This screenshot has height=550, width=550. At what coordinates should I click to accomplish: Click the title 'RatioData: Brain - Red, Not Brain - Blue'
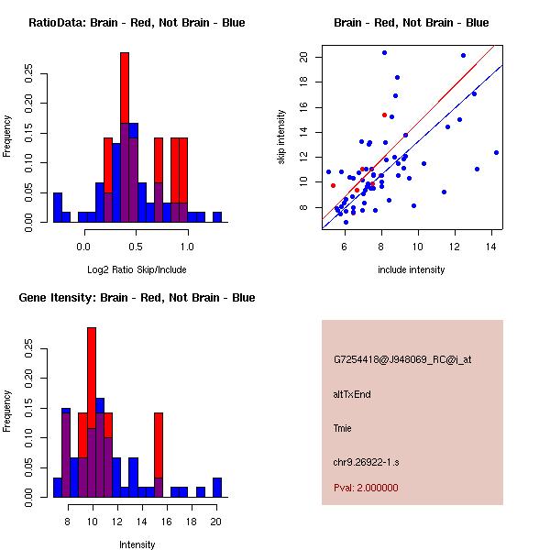pyautogui.click(x=136, y=23)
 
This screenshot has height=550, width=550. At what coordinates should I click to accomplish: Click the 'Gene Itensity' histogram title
pyautogui.click(x=136, y=298)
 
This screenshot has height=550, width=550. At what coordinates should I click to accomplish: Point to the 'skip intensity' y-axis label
pyautogui.click(x=282, y=137)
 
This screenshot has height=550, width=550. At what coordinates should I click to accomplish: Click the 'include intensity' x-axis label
pyautogui.click(x=411, y=269)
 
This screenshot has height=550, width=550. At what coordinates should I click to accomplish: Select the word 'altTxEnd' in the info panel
pyautogui.click(x=353, y=394)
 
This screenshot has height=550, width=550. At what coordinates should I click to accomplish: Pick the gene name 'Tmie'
pyautogui.click(x=343, y=428)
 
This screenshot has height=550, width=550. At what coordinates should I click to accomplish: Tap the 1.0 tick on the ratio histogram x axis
pyautogui.click(x=187, y=245)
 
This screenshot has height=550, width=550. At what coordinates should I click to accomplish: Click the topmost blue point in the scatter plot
pyautogui.click(x=384, y=52)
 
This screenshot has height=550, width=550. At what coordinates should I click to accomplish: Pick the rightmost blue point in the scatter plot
pyautogui.click(x=496, y=152)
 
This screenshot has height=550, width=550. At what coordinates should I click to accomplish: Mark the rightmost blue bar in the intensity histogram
pyautogui.click(x=217, y=488)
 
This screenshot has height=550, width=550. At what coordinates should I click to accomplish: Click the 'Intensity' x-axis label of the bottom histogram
pyautogui.click(x=137, y=544)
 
